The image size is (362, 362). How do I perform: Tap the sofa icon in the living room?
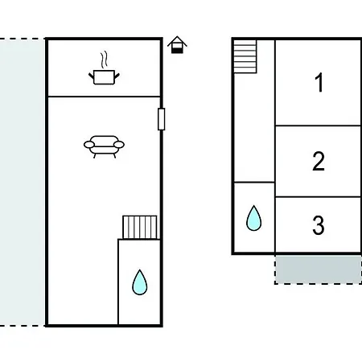[104, 146]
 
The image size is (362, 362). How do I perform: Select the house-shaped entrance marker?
[177, 45]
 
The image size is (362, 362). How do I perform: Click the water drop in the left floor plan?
[140, 282]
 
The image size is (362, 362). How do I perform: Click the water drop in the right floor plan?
[253, 218]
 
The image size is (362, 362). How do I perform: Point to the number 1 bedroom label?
[319, 83]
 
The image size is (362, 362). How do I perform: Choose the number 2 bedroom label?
[319, 161]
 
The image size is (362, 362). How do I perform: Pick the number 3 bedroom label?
[319, 225]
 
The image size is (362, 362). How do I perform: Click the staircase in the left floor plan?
[140, 227]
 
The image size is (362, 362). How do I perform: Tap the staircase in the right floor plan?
[245, 56]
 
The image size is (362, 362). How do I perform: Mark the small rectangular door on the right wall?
[162, 119]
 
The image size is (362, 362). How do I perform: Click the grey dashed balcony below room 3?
[318, 269]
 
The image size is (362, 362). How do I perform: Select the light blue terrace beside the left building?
[23, 183]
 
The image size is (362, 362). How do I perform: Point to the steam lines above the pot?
[104, 59]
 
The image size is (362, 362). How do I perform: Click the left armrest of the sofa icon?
[89, 145]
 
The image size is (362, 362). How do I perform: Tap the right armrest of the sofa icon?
[119, 145]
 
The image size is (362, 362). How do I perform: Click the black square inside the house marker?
[177, 51]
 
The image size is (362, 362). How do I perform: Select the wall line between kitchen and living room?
[104, 97]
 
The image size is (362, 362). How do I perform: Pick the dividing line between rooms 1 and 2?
[318, 125]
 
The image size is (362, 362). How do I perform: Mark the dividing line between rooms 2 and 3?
[318, 197]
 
